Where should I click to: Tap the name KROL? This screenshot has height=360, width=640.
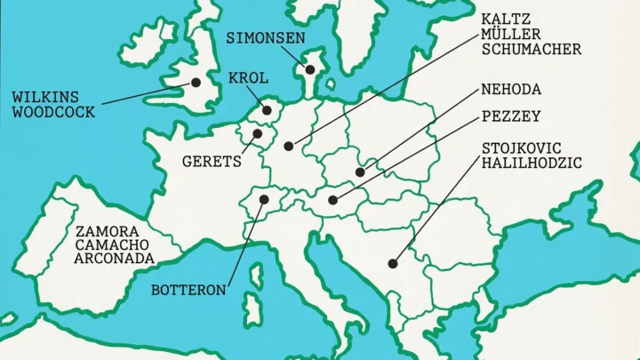(248, 78)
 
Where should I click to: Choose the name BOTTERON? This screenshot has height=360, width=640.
(188, 290)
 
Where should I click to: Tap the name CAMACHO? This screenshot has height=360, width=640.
(111, 244)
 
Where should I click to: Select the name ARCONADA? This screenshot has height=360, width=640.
(116, 259)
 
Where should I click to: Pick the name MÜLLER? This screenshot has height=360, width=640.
(510, 34)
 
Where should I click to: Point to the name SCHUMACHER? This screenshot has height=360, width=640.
(532, 49)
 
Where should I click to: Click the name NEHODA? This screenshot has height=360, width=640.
(511, 89)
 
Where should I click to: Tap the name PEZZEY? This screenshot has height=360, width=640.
(511, 116)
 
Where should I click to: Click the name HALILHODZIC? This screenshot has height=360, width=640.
(532, 163)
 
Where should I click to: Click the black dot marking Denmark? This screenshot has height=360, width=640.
(310, 68)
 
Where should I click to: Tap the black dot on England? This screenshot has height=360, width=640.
(195, 83)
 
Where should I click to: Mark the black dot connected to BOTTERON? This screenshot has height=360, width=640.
(263, 200)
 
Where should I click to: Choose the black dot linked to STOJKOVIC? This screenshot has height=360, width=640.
(392, 262)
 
